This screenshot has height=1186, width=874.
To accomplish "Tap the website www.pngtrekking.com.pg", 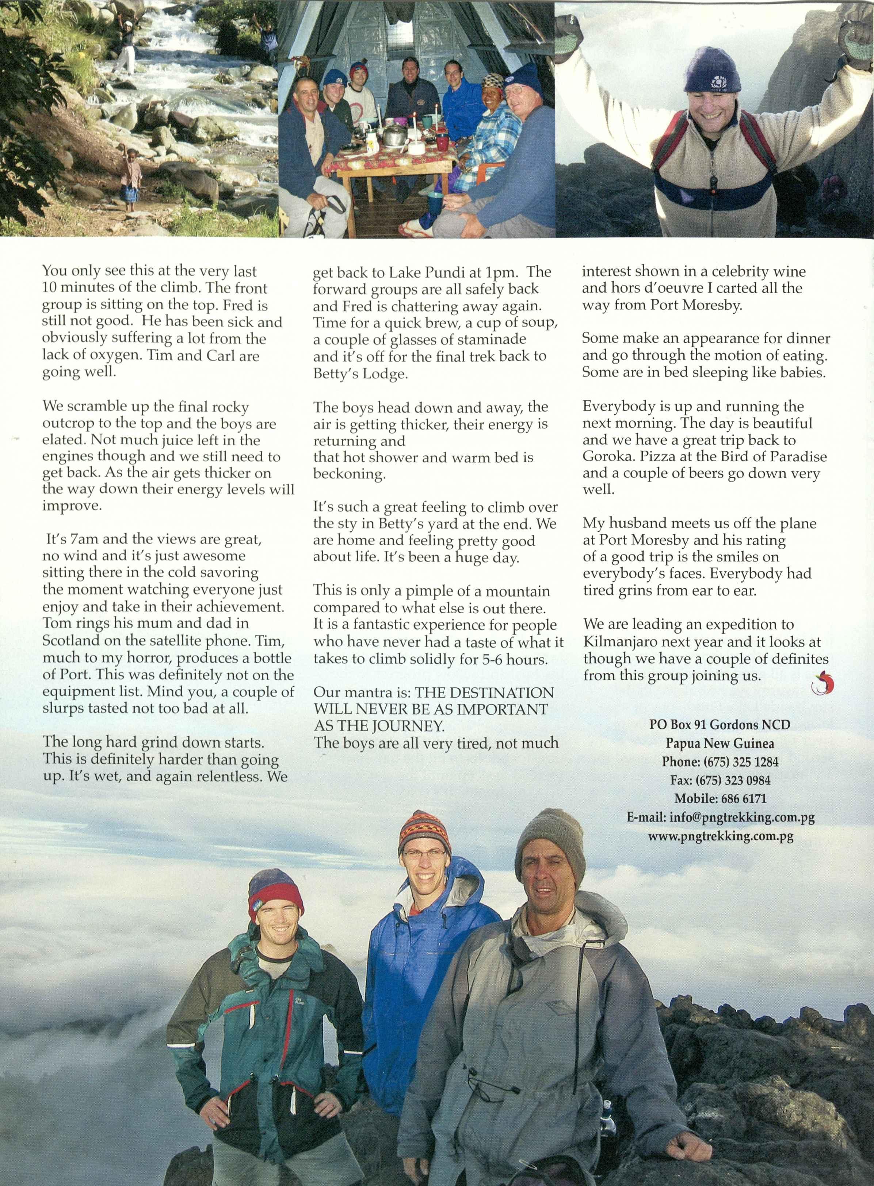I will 720,836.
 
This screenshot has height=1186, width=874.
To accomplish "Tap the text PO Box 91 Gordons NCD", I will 720,724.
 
